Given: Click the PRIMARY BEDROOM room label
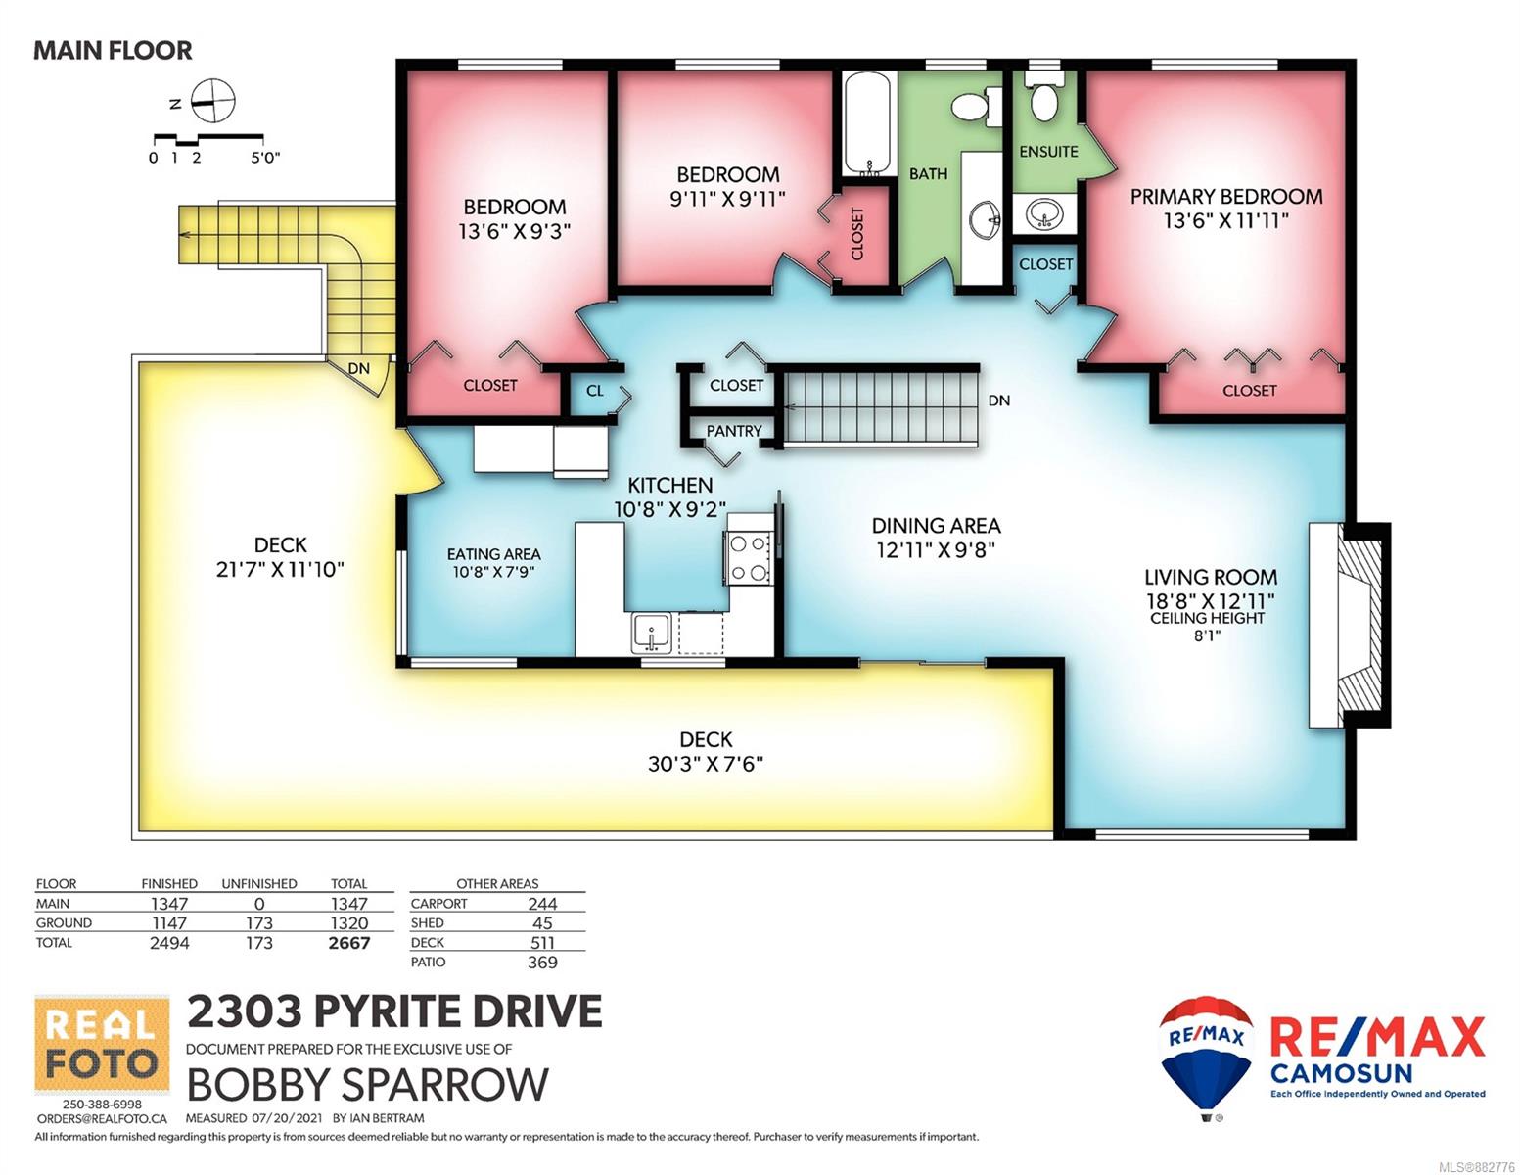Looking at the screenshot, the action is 1225,197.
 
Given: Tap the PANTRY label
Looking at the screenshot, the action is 733,431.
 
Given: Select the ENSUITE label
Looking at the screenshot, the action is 1048,151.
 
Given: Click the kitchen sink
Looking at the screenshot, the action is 651,633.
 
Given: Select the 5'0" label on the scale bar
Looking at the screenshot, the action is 266,158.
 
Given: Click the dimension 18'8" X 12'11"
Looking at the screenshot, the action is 1210,600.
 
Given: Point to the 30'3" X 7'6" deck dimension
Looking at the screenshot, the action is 705,764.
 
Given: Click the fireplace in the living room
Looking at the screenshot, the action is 1349,625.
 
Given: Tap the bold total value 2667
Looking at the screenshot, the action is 349,943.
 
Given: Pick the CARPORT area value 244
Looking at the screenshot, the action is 542,904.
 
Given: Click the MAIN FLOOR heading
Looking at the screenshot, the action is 113,50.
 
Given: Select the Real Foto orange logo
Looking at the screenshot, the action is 102,1045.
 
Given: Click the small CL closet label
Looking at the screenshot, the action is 594,391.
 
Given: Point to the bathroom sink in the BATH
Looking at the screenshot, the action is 985,218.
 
